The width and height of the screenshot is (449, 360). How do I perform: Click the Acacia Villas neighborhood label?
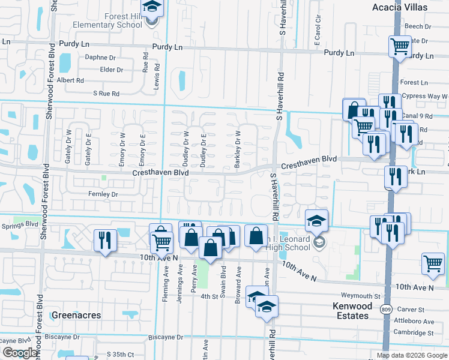tap(408, 7)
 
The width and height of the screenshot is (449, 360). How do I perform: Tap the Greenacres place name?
tap(76, 315)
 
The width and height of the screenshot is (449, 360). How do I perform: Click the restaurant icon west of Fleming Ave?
tap(106, 240)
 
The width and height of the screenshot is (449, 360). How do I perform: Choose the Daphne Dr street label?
tap(100, 58)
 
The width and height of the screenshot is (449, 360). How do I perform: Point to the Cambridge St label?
tap(413, 332)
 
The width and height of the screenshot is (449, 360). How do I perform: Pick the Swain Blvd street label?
tap(222, 286)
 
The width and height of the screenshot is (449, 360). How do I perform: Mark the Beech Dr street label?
tap(418, 26)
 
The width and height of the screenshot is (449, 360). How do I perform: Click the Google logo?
tap(20, 353)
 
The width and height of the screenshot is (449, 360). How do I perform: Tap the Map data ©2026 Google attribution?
tap(411, 355)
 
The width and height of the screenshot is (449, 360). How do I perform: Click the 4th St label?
tap(208, 296)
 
